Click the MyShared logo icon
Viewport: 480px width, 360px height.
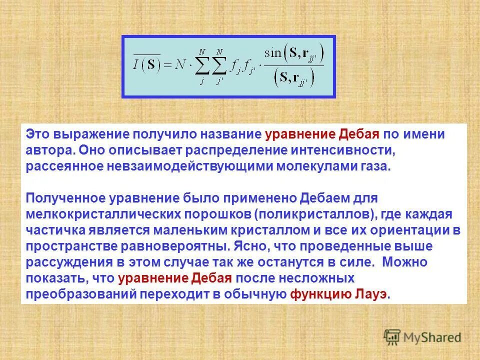click(x=392, y=336)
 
